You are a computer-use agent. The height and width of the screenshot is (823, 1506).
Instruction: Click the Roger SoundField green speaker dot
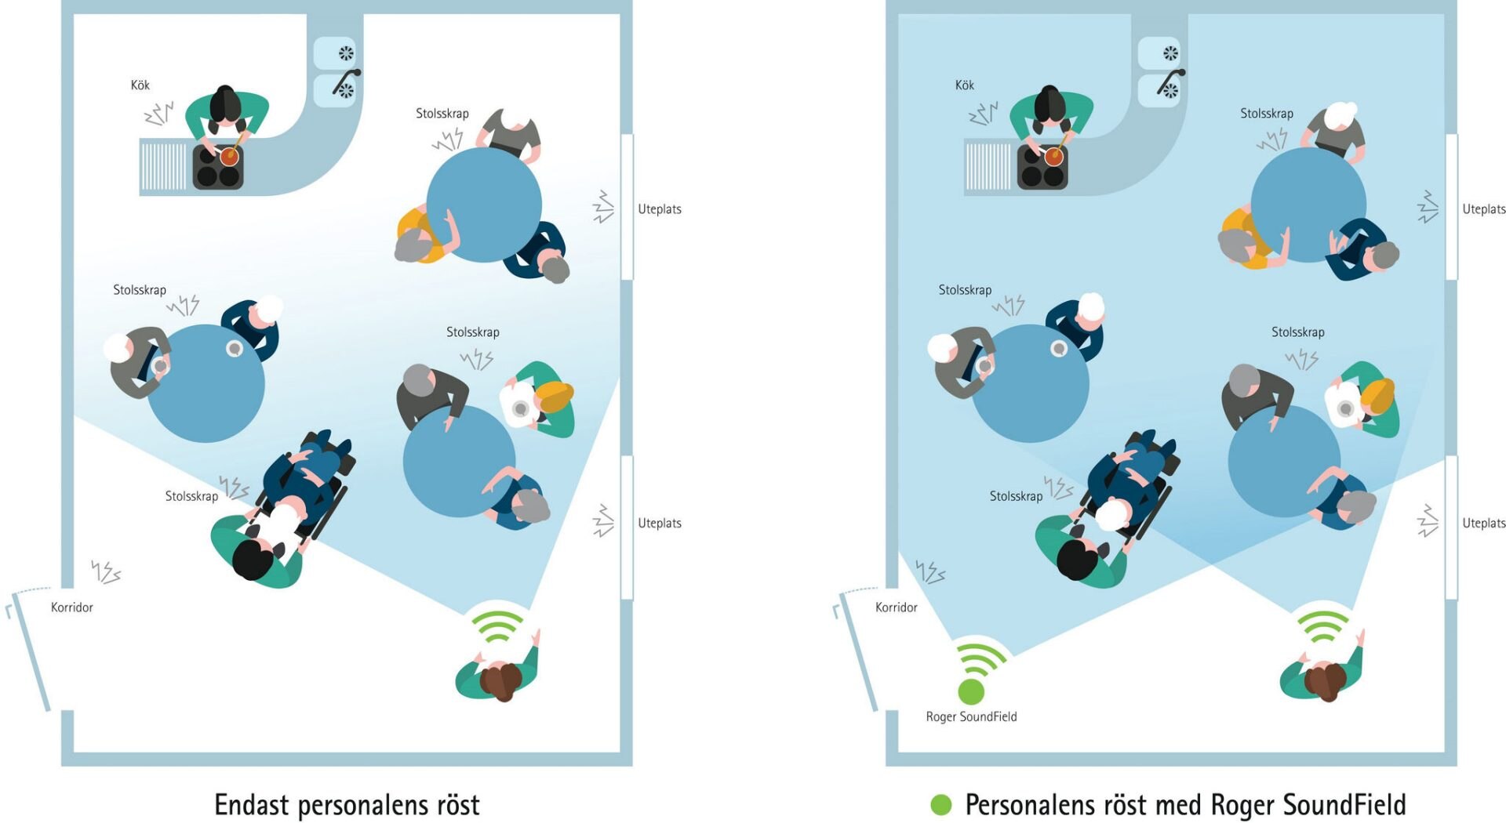tap(971, 691)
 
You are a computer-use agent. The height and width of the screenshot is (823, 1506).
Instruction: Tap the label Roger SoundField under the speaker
tap(971, 716)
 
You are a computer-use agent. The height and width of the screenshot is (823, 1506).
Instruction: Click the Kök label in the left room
tap(140, 85)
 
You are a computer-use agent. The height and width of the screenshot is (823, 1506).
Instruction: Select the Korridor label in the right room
tap(896, 607)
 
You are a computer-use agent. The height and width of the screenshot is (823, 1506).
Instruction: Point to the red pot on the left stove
tap(229, 156)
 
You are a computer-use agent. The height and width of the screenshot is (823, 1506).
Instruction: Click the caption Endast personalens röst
tap(347, 805)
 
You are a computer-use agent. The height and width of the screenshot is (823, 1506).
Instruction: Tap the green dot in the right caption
tap(940, 805)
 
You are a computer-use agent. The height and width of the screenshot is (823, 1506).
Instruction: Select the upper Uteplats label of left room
tap(659, 209)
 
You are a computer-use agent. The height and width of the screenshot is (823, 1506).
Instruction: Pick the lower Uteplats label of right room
tap(1483, 523)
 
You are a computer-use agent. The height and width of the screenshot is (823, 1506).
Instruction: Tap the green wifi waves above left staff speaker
tap(497, 623)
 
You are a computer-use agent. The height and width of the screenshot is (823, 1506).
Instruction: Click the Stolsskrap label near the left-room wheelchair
tap(191, 496)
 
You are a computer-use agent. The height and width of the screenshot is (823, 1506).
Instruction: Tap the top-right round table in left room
tap(484, 205)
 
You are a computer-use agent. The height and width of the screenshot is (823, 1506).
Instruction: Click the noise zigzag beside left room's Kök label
tap(158, 114)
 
